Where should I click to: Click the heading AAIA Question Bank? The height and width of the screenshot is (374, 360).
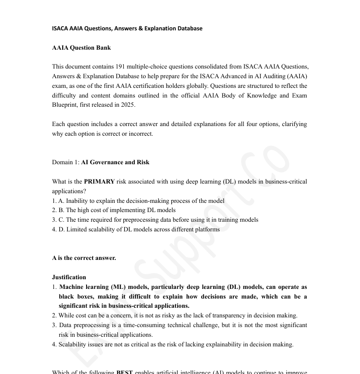pyautogui.click(x=81, y=47)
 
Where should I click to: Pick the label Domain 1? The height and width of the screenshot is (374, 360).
pyautogui.click(x=66, y=162)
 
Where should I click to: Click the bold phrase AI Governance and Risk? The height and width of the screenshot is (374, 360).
pyautogui.click(x=115, y=162)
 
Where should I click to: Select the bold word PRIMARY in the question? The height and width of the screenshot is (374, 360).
pyautogui.click(x=99, y=181)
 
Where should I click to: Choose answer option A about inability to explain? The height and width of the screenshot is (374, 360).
pyautogui.click(x=138, y=201)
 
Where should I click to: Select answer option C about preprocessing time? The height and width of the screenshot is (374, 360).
pyautogui.click(x=155, y=220)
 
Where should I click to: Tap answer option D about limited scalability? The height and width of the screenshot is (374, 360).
pyautogui.click(x=136, y=229)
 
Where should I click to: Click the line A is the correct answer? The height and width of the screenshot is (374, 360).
pyautogui.click(x=84, y=258)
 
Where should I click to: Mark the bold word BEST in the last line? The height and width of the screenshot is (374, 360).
pyautogui.click(x=124, y=372)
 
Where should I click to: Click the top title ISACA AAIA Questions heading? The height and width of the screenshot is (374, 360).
pyautogui.click(x=127, y=28)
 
